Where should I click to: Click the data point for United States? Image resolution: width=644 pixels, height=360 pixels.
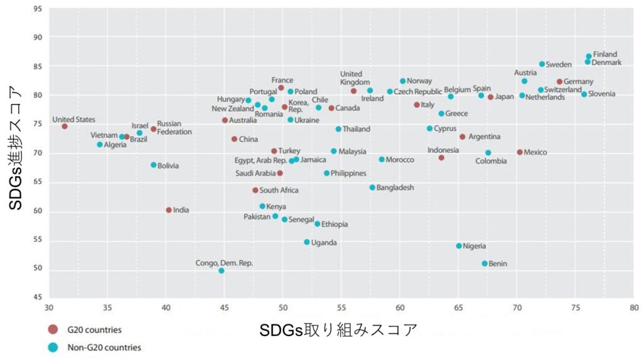[x=64, y=127]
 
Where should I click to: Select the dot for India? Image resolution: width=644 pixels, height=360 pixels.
[x=169, y=210]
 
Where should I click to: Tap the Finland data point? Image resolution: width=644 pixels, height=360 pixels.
[x=589, y=57]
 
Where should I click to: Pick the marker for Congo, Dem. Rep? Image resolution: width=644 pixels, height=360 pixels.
[x=221, y=271]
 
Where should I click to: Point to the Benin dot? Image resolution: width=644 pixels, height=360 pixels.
[x=485, y=264]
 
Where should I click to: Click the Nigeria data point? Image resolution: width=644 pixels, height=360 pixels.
[x=459, y=246]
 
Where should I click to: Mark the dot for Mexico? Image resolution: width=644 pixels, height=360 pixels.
[x=519, y=152]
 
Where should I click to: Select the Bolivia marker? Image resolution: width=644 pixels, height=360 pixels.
[x=153, y=165]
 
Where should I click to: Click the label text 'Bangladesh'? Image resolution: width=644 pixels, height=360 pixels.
[x=396, y=188]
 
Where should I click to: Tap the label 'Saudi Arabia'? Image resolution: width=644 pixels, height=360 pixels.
[x=255, y=174]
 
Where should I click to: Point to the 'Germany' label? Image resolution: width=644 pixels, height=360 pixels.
[x=579, y=82]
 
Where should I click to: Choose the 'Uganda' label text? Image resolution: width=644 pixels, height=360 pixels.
[x=324, y=242]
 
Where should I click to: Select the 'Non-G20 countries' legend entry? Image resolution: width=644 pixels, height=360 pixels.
[x=104, y=347]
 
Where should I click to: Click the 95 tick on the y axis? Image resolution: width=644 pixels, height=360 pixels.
[x=38, y=9]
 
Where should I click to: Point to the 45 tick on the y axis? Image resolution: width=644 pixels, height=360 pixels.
[x=38, y=298]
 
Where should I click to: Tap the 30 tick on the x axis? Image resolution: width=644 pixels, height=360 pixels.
[x=49, y=308]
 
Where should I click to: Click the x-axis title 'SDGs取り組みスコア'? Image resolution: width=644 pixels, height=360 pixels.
[x=338, y=329]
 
